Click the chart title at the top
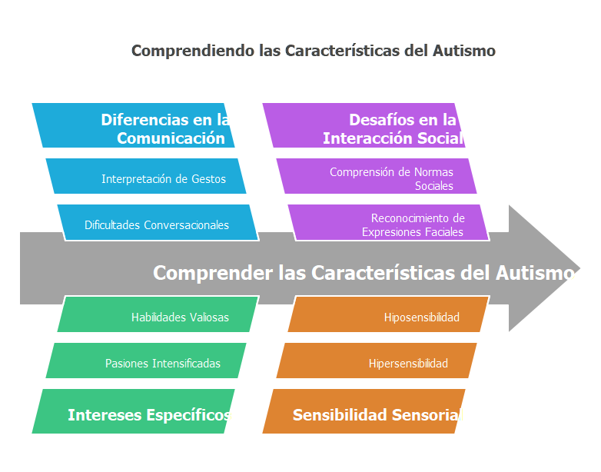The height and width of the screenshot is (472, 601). point(313,51)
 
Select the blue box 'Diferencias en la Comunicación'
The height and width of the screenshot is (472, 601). point(133,125)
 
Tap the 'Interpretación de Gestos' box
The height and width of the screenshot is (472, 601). point(146,176)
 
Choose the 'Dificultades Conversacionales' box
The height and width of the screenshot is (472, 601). point(158,222)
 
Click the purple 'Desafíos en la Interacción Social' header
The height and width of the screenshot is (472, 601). point(364,125)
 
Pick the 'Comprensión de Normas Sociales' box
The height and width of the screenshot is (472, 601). point(377,176)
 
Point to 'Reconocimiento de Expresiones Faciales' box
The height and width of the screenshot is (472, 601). point(389,222)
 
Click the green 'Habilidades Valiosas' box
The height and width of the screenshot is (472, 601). point(158,314)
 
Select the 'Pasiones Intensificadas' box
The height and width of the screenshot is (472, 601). point(146,361)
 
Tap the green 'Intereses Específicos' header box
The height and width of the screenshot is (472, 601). point(133,411)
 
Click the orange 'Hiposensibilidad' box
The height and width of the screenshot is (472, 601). point(389,314)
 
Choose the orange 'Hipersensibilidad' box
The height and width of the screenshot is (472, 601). point(377,361)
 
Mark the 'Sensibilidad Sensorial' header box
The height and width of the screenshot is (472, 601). point(364,411)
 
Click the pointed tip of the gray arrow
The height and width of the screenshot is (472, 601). point(579,268)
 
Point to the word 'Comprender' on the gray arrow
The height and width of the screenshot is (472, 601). point(213,274)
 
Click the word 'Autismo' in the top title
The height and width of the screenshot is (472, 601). point(464,51)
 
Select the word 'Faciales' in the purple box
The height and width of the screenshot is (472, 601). point(445,232)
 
